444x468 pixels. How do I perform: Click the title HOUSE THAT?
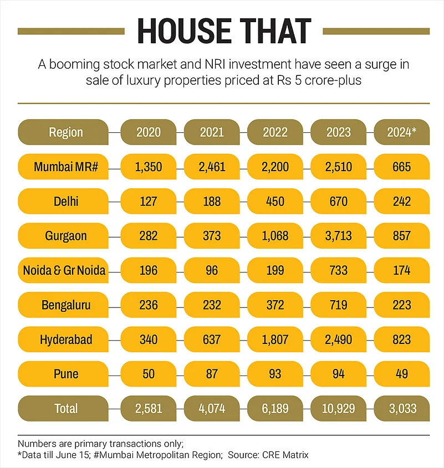point(224,30)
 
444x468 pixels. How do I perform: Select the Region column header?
point(65,132)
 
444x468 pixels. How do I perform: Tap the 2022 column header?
point(275,132)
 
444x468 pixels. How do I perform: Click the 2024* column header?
point(402,132)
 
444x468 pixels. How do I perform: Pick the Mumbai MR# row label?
point(65,167)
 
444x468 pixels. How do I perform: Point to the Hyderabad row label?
point(65,340)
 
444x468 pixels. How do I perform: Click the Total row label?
point(65,409)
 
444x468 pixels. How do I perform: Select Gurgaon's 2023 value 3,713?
point(338,236)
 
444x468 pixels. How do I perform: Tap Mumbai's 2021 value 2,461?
point(212,167)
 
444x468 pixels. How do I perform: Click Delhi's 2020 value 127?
point(148,202)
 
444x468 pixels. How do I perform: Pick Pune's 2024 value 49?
point(402,374)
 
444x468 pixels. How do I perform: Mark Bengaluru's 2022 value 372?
point(275,305)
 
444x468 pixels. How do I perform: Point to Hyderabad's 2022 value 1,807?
point(275,340)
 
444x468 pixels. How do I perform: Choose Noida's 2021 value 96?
point(212,270)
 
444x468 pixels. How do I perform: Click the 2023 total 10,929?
point(338,409)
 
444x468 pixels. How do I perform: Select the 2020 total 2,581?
point(148,409)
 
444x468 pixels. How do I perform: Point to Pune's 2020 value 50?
point(148,374)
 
